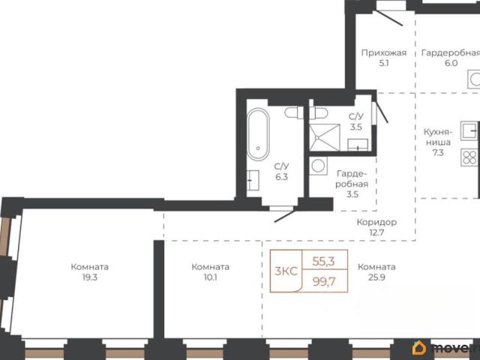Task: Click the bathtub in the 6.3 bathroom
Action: [258, 134]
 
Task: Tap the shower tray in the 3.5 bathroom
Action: [325, 137]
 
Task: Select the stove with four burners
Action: [469, 157]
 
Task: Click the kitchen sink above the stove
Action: [469, 130]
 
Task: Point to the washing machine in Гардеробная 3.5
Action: [318, 166]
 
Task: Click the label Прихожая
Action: [384, 53]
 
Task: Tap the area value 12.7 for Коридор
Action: [376, 232]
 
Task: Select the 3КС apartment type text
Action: [286, 271]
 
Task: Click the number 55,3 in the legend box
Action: [323, 261]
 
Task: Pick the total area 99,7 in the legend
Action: [324, 281]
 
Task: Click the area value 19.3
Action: [90, 277]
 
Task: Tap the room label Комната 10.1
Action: [211, 271]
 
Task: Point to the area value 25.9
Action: [376, 277]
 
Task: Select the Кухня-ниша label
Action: [438, 137]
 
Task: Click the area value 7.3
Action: [438, 152]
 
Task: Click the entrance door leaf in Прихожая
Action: [389, 17]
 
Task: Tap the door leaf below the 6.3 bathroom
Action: [285, 216]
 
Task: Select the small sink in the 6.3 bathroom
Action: [253, 180]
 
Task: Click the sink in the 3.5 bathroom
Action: [358, 145]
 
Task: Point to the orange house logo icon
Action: [419, 348]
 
